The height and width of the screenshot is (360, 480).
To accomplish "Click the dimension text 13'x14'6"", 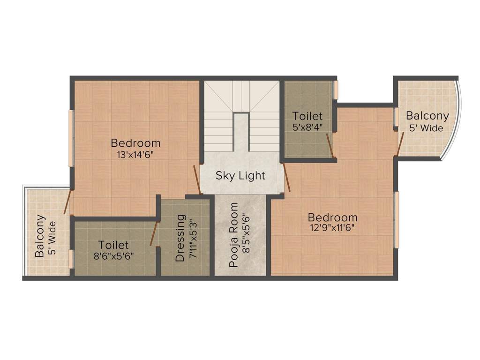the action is (135, 155).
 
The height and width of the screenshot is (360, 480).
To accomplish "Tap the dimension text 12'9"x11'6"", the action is (332, 228).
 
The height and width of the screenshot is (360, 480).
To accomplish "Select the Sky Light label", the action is (240, 176).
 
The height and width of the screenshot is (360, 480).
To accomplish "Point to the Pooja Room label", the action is (233, 235).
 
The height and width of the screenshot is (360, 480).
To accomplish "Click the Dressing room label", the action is (180, 238).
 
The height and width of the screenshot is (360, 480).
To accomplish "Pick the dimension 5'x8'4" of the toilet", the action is (307, 127).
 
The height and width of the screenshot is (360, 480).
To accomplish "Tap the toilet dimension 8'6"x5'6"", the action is (113, 256).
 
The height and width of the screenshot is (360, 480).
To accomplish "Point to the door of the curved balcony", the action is (400, 142).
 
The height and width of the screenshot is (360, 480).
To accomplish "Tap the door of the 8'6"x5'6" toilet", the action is (154, 233).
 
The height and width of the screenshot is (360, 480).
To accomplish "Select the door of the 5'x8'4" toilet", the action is (330, 145).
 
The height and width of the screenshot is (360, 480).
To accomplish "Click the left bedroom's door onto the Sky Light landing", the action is (197, 180).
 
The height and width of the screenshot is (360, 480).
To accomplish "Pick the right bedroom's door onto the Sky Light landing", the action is (287, 177).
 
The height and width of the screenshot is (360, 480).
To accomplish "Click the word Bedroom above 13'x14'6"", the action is (135, 143).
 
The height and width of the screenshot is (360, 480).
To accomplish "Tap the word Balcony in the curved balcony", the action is (427, 116).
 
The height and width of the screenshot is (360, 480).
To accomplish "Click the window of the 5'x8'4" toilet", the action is (336, 90).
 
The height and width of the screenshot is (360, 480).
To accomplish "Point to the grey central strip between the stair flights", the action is (241, 132).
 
